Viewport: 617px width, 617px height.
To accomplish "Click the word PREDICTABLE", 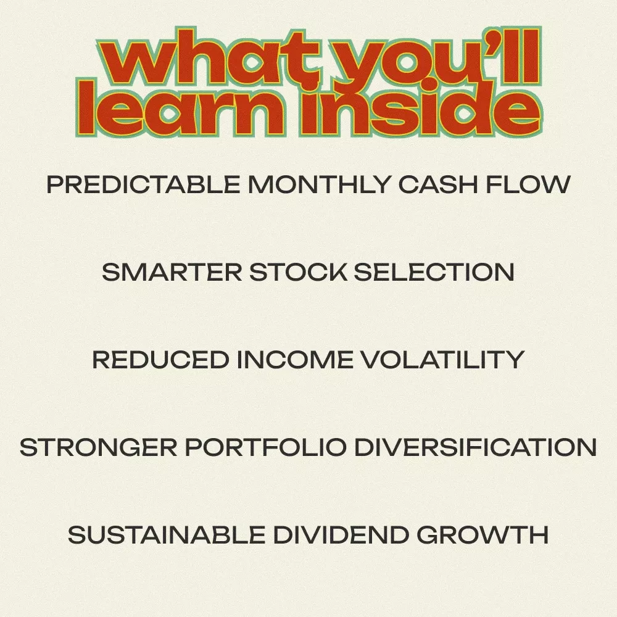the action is pyautogui.click(x=143, y=184).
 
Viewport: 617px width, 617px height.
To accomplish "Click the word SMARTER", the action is pyautogui.click(x=172, y=272).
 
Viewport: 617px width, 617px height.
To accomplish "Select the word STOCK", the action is pyautogui.click(x=299, y=272).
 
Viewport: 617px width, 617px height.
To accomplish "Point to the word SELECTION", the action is pyautogui.click(x=434, y=272).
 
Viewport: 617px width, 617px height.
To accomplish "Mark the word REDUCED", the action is pyautogui.click(x=160, y=360).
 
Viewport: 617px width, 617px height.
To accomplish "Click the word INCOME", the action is pyautogui.click(x=295, y=360).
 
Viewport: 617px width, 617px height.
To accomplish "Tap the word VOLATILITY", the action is pyautogui.click(x=442, y=360).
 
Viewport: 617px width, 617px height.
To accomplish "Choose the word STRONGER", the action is pyautogui.click(x=98, y=447).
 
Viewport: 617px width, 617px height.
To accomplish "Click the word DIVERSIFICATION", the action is pyautogui.click(x=476, y=447).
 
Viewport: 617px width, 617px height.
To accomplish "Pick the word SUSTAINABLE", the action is pyautogui.click(x=167, y=535).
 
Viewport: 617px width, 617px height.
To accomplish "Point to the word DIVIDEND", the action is pyautogui.click(x=341, y=535).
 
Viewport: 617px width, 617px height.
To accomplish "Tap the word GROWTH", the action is pyautogui.click(x=482, y=535).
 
